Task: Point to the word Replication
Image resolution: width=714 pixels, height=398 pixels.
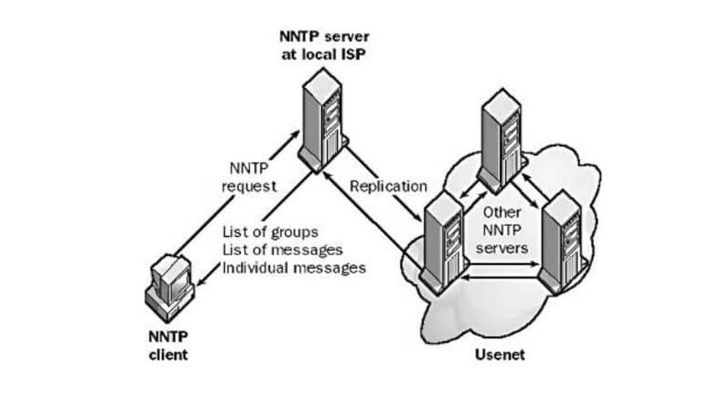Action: pos(389,185)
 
